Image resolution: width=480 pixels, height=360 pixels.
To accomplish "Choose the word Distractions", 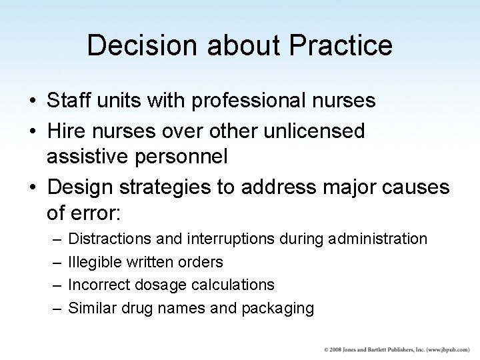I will (107, 238).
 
